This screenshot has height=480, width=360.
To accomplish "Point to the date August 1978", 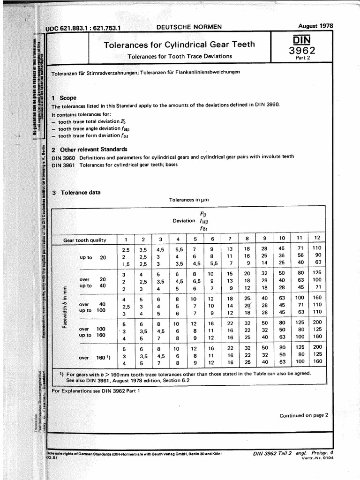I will click(315, 26).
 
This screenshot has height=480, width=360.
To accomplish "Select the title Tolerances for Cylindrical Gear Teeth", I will click(179, 45).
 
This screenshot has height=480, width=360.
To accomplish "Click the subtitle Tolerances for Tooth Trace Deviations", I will click(180, 56).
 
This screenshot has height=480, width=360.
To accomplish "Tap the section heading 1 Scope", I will click(64, 98).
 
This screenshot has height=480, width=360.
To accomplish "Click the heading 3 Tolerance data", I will click(76, 193).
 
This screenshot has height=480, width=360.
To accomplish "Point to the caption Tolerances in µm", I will click(189, 200).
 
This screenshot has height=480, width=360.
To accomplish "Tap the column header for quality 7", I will click(230, 240).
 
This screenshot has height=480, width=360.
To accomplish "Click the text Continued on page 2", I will click(304, 415).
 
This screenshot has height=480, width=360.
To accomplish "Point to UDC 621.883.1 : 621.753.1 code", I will click(84, 28).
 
